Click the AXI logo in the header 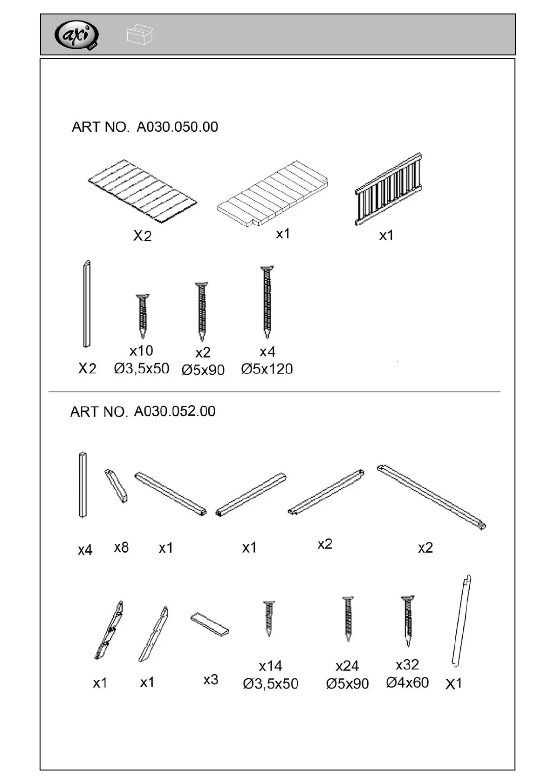(77, 35)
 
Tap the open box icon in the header (139, 34)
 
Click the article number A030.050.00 (177, 127)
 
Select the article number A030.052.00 (175, 412)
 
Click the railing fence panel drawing (388, 189)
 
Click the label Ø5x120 (267, 369)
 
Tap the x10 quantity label (141, 351)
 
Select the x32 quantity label (407, 664)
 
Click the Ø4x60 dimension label (407, 683)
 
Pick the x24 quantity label (347, 666)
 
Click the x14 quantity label (270, 666)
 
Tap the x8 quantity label (121, 547)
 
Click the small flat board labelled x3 (210, 624)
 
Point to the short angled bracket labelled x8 (116, 486)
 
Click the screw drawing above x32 (408, 620)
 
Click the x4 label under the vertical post (85, 550)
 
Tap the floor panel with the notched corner (273, 193)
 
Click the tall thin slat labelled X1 (461, 621)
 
